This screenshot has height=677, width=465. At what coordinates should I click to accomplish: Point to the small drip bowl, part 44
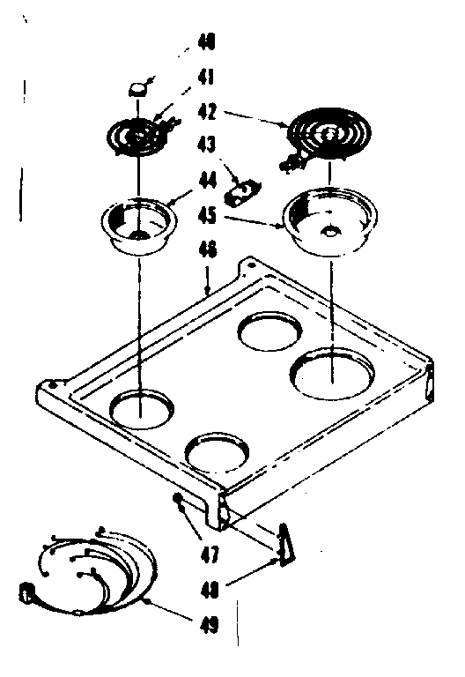[138, 227]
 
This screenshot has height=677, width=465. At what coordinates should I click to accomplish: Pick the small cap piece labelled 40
[138, 88]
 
